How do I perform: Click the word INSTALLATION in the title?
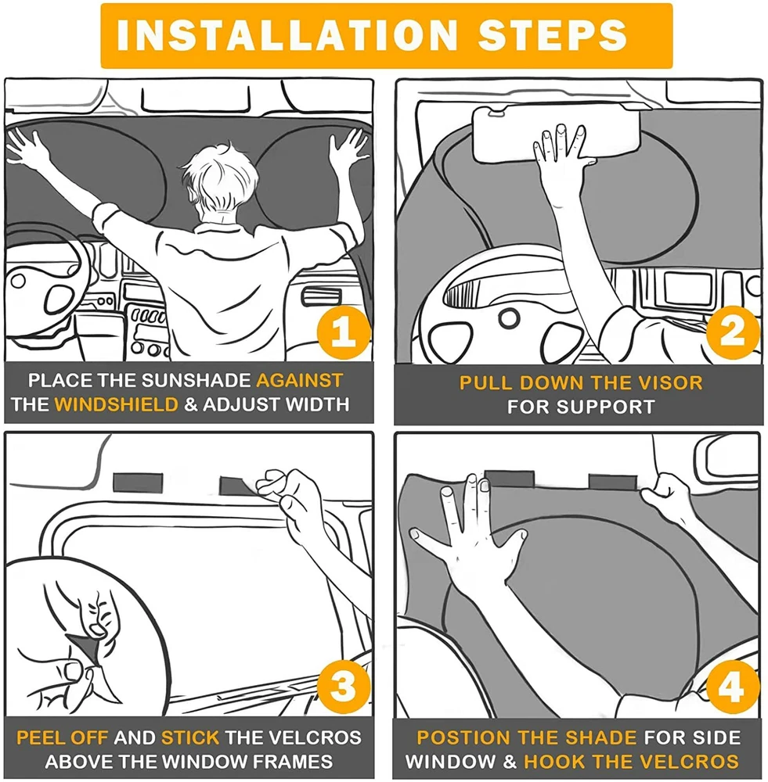click(287, 35)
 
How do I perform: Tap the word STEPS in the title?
click(552, 35)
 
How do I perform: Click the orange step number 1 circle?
click(344, 332)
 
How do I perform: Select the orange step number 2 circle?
click(733, 332)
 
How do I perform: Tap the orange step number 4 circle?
click(733, 687)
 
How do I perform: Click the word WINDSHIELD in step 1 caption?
click(117, 404)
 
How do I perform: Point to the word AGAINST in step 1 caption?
click(300, 380)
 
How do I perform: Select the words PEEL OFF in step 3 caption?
click(62, 737)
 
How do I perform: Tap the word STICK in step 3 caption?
click(190, 737)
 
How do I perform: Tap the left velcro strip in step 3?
click(138, 482)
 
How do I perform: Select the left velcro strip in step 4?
click(510, 479)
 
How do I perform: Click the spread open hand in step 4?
click(470, 539)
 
